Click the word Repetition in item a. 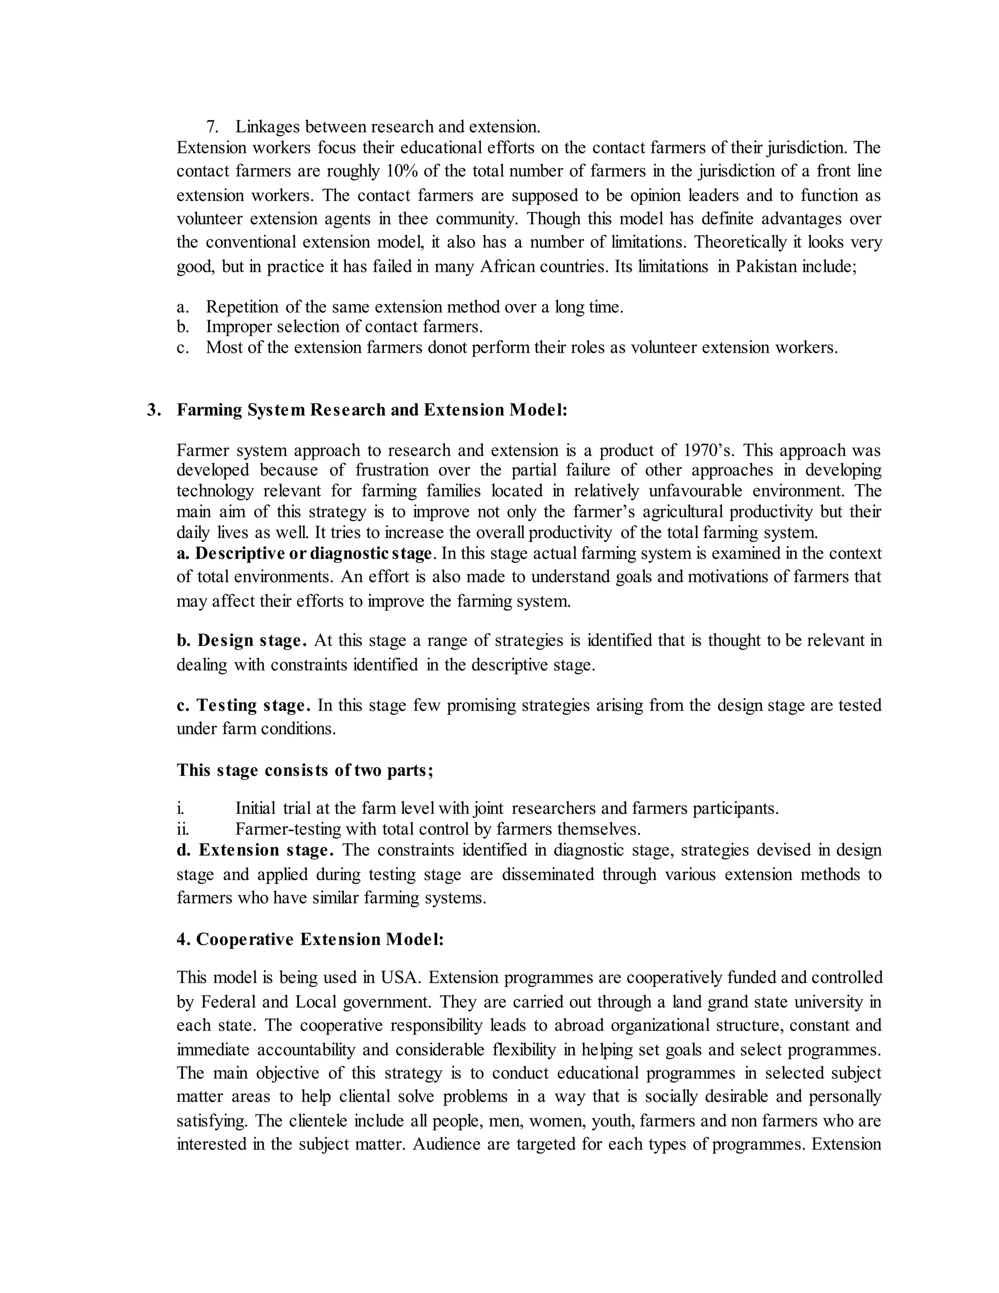241,307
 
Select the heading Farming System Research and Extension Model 372,410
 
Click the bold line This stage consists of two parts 305,770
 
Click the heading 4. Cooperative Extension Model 310,940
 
